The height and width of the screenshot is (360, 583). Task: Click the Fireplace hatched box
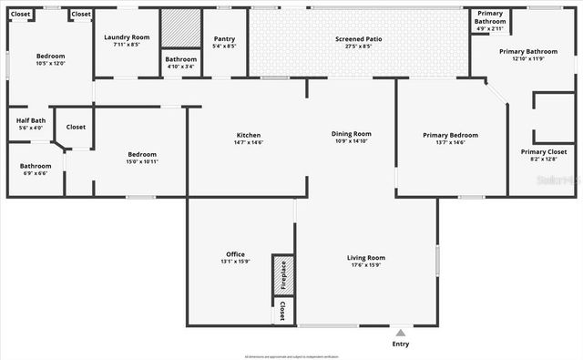(283, 273)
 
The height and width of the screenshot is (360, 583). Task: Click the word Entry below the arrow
(400, 344)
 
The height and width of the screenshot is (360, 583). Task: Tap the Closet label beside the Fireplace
(283, 311)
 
